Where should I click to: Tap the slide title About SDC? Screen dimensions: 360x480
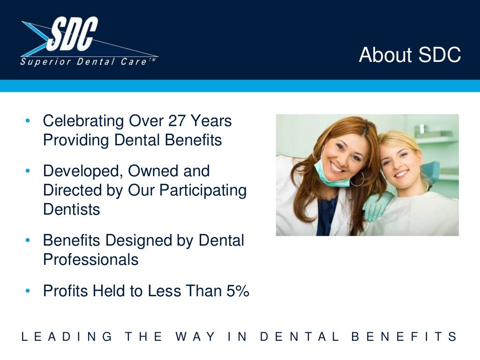click(410, 55)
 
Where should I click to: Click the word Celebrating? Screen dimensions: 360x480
click(83, 121)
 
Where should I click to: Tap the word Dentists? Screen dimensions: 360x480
click(71, 210)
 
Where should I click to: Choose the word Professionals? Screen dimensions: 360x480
click(90, 260)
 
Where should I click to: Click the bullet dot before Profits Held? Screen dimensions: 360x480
click(28, 292)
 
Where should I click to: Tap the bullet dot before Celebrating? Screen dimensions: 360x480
click(28, 121)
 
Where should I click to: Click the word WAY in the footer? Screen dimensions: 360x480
click(195, 337)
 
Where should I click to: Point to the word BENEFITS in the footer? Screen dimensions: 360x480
click(404, 337)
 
